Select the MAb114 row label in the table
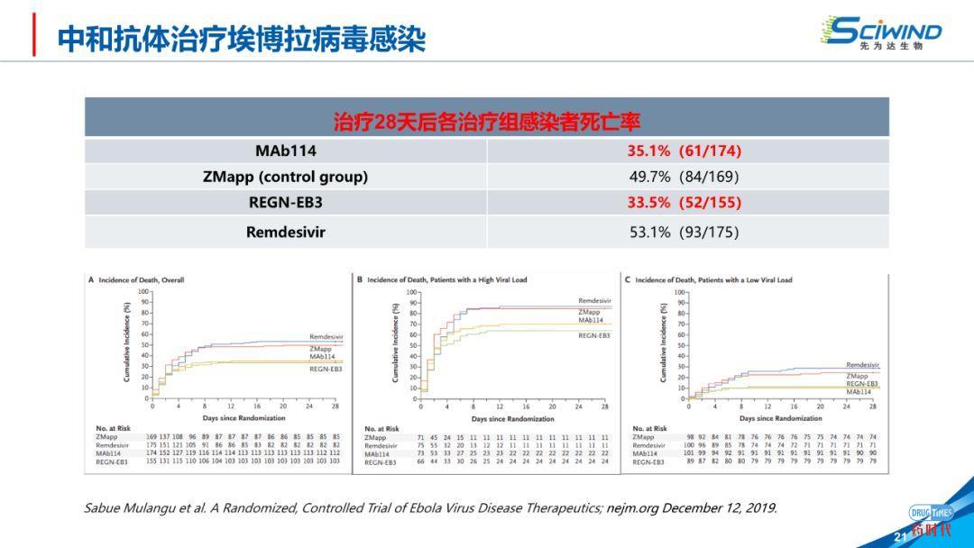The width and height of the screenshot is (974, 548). coord(286,151)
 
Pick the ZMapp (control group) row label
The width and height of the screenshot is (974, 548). coord(286,177)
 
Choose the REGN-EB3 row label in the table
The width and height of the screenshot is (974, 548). coord(286,203)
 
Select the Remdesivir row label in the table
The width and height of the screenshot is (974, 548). coord(286,233)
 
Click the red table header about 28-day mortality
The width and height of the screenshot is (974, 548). coord(487,121)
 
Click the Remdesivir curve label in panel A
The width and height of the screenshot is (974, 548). coord(326,337)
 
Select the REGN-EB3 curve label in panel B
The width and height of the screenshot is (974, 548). coord(594,335)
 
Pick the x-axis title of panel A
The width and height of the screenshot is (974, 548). coord(243,417)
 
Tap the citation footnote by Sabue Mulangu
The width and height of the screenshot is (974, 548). coord(430,508)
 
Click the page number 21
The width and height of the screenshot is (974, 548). coord(898,537)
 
